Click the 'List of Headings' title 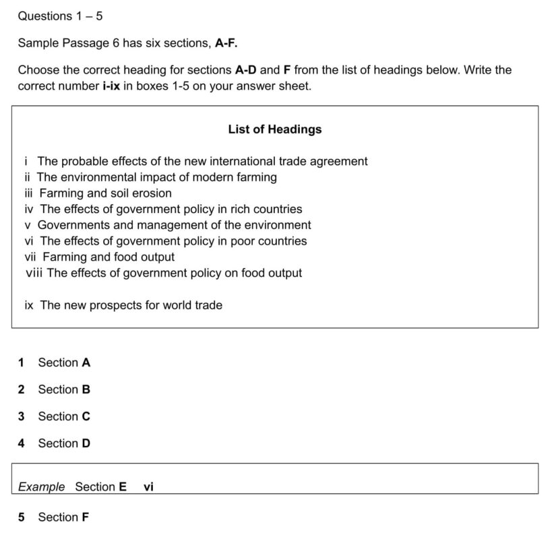[x=275, y=129]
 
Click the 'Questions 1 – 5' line [x=60, y=15]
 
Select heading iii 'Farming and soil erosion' [x=98, y=193]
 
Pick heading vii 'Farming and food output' [x=99, y=257]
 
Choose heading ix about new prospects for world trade [x=123, y=305]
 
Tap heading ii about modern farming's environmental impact [x=150, y=177]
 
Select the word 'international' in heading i [x=242, y=161]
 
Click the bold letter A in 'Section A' [x=86, y=362]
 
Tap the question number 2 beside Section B [x=22, y=389]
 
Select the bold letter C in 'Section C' [x=86, y=416]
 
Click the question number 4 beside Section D [x=22, y=443]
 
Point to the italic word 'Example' [x=42, y=486]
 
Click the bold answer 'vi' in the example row [x=149, y=486]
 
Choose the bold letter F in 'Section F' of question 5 [x=86, y=517]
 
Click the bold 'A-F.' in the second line [x=226, y=43]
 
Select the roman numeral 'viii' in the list [x=34, y=273]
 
